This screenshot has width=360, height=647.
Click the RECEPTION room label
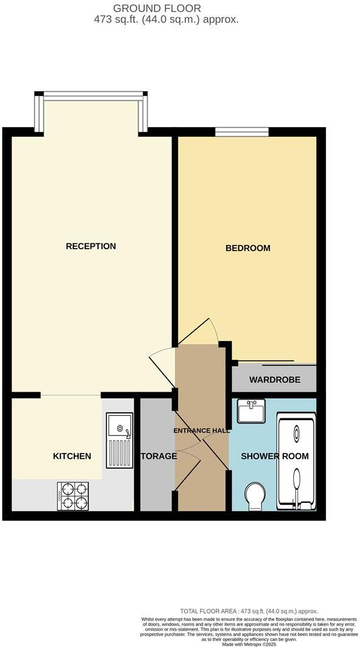pos(91,246)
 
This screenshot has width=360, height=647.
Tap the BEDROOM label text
pos(247,248)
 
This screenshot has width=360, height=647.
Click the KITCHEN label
pos(72,456)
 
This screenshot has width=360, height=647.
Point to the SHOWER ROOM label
pos(275,456)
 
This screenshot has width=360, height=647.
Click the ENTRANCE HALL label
pos(201,431)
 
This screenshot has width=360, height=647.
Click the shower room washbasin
pos(251,412)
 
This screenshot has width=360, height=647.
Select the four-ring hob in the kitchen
pos(73,496)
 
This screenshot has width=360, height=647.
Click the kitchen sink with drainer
pos(120,440)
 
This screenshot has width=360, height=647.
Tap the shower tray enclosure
pos(296,461)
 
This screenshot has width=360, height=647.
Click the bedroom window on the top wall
pos(242,131)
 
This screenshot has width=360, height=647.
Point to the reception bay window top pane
pos(92,94)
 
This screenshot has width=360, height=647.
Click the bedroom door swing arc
pos(207,331)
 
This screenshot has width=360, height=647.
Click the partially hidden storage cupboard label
pos(159,456)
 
